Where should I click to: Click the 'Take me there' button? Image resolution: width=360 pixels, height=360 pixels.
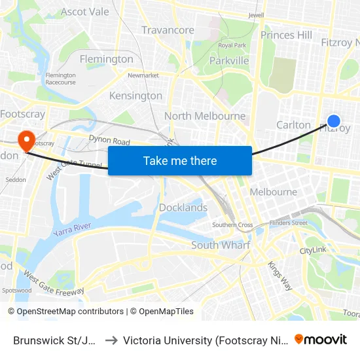click(180, 160)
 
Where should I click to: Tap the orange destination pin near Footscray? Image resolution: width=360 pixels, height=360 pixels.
click(26, 140)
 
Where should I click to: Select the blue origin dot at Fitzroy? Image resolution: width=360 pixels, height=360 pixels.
click(333, 120)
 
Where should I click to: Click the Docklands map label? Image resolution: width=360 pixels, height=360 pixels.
click(183, 207)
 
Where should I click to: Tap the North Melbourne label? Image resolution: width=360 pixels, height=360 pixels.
click(205, 116)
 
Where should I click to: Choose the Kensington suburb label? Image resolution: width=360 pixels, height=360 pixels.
click(135, 96)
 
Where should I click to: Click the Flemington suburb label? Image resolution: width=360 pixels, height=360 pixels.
click(106, 59)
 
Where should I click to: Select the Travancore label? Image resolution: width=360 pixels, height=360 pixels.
click(168, 30)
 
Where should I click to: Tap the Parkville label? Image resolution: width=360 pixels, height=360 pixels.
click(229, 60)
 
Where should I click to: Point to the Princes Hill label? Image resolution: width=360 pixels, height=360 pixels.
click(286, 35)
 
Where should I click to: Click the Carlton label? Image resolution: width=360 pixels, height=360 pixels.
click(293, 124)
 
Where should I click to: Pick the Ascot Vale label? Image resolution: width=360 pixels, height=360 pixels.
click(85, 12)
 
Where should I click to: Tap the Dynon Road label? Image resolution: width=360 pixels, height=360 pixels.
click(109, 140)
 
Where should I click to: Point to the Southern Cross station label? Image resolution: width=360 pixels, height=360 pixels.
click(232, 225)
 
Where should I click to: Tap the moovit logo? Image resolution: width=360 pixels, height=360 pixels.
click(321, 339)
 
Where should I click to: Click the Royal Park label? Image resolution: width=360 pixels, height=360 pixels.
click(232, 45)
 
